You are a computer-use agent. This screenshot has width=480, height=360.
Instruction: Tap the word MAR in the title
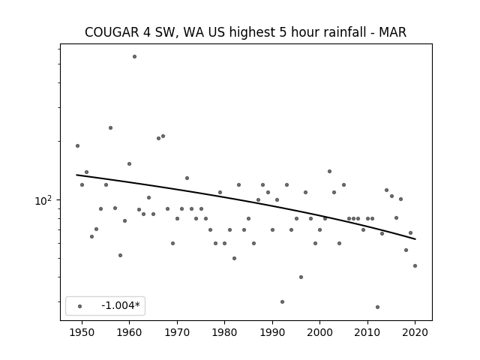click(x=393, y=32)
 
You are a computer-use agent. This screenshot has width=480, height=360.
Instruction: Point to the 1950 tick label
click(x=82, y=332)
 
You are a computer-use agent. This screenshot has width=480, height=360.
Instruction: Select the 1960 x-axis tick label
click(x=129, y=332)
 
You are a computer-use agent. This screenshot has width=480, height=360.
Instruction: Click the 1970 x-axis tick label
click(x=177, y=332)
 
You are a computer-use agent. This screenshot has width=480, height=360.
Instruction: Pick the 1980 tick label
click(x=224, y=332)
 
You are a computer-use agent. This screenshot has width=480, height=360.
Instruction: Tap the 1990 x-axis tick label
click(x=272, y=332)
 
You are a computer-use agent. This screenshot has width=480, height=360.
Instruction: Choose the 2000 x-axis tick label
click(x=320, y=332)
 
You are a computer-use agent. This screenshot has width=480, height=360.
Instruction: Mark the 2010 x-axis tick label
click(x=367, y=332)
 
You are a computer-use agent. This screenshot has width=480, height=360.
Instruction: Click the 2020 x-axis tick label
click(x=415, y=332)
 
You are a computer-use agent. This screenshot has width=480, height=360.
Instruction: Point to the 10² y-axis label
click(x=43, y=200)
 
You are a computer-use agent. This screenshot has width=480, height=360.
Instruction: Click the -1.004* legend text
click(x=121, y=305)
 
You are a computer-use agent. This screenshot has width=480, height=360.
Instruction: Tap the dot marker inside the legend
click(x=80, y=306)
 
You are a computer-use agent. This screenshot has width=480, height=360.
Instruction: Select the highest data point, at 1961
click(x=134, y=57)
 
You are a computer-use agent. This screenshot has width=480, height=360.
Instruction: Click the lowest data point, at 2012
click(x=377, y=307)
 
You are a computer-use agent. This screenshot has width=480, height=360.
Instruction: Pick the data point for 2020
click(x=415, y=265)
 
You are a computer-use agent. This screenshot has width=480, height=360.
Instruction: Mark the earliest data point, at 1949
click(x=77, y=145)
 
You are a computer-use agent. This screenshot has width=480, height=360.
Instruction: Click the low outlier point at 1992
click(x=282, y=301)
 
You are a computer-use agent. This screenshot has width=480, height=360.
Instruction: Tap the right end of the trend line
click(x=415, y=239)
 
